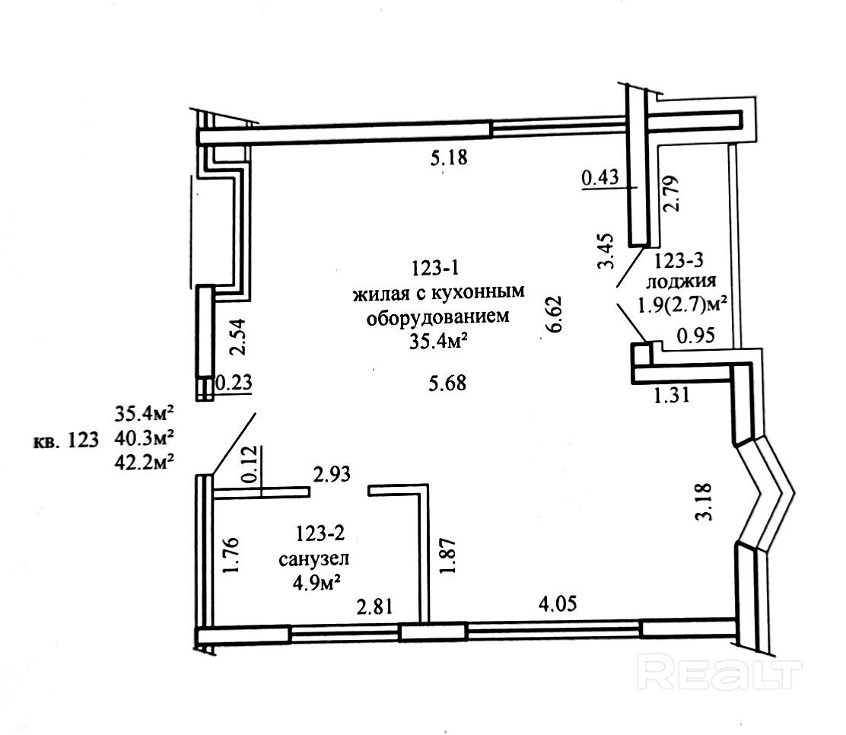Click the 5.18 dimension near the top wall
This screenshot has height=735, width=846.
pyautogui.click(x=447, y=160)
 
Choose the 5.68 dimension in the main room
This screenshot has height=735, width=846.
pyautogui.click(x=447, y=384)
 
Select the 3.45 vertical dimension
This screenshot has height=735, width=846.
pyautogui.click(x=606, y=252)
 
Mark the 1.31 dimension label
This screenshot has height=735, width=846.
pyautogui.click(x=671, y=395)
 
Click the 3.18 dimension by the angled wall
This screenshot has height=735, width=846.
pyautogui.click(x=706, y=503)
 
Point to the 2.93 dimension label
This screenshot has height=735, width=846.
pyautogui.click(x=332, y=476)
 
